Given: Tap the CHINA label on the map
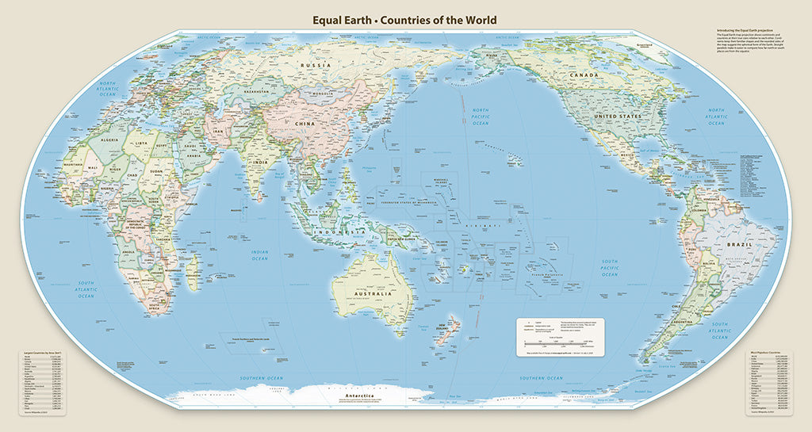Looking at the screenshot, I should [303, 124].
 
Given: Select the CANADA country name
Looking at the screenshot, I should [582, 75].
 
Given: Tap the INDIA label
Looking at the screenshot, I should [259, 163].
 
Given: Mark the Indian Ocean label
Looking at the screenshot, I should [259, 255].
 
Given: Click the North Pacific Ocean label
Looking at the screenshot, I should [480, 117].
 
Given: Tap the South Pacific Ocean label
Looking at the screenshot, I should [609, 267].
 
